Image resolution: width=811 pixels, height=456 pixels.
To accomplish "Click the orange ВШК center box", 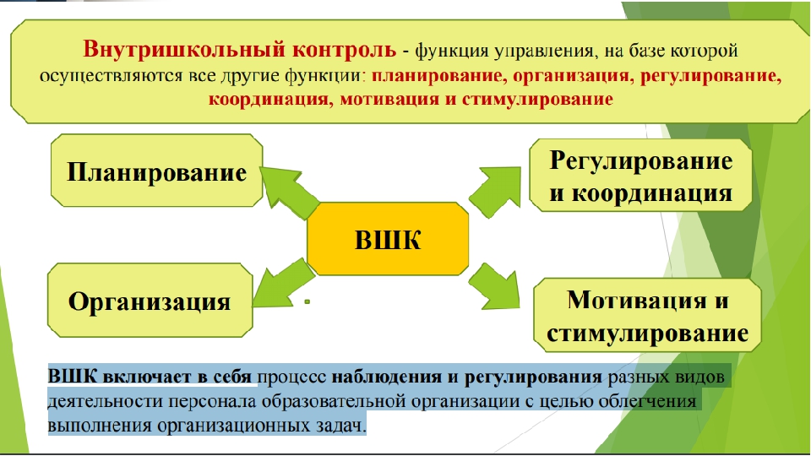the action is pos(388,239).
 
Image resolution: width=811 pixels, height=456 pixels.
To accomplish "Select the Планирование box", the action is pos(157,171).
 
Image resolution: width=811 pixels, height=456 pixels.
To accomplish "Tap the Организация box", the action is pos(150,301).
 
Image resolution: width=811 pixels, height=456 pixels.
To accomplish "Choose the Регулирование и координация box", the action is pos(641,176).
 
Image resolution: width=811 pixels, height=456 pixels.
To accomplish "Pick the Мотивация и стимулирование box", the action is pos(648,315).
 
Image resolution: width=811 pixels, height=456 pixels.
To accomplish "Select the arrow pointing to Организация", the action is pos(284,285).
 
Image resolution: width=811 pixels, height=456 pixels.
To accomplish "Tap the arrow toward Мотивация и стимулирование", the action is pos(494,286).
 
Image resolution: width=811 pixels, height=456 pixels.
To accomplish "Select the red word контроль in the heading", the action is pos(344,50).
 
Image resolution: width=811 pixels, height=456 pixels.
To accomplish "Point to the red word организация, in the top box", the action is pos(574,75).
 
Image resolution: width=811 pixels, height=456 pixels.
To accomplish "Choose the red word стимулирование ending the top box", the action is pos(537,99).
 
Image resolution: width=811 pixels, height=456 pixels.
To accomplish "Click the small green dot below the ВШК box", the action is pos(308,301).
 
